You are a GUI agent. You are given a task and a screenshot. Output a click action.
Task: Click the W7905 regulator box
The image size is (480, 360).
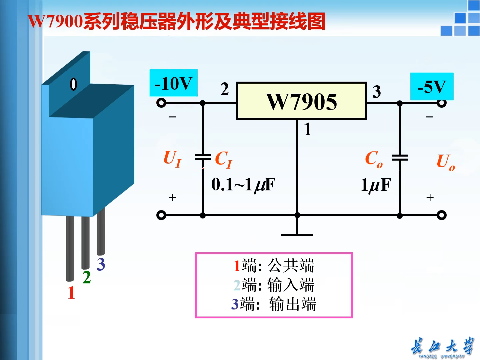pos(301,101)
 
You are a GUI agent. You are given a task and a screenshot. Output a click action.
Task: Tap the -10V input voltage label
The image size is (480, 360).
pos(173,83)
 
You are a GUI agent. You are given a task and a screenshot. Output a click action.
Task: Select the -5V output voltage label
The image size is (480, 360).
pos(432,86)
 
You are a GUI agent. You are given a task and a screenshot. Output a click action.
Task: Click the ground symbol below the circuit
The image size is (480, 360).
pos(297,235)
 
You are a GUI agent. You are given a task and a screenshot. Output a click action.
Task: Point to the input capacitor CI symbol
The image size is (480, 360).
pos(203,157)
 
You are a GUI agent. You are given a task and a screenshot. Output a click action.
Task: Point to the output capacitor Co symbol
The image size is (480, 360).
pos(399,157)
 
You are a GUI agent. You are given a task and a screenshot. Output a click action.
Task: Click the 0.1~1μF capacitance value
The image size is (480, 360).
pos(243,185)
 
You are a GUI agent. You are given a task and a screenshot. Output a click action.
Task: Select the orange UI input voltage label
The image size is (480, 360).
pos(172,159)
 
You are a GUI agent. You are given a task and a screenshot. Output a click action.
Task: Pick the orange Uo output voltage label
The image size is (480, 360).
pos(445,162)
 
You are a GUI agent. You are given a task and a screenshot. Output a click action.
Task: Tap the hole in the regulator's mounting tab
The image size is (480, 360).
pos(73,84)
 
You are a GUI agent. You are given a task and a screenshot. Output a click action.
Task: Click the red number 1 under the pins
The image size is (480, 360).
pos(71,293)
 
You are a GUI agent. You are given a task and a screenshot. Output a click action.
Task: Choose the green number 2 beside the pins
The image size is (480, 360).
pos(87,277)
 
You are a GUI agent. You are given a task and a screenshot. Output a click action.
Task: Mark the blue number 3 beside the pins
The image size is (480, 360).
pos(101,264)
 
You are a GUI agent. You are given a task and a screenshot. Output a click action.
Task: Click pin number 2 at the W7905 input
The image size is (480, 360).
pos(225,89)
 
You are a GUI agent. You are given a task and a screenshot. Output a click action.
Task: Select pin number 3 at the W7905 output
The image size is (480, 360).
pos(376,92)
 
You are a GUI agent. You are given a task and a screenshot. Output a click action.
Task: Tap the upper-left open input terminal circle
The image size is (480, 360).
pos(161,103)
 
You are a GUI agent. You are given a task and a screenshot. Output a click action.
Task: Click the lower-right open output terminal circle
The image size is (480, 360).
pos(441,215)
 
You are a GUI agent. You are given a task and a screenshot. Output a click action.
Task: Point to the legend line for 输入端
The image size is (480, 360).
pos(274,285)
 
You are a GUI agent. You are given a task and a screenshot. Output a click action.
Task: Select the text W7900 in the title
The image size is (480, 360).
pos(55,21)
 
